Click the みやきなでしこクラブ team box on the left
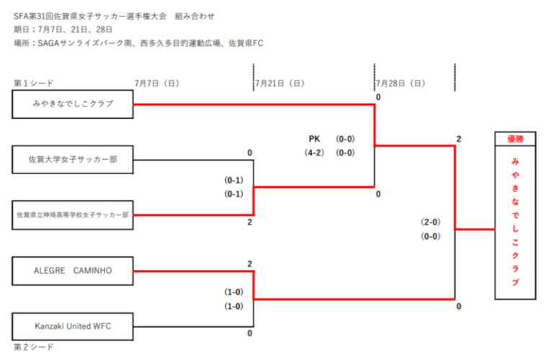coord(73,104)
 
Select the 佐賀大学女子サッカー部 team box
coord(73,159)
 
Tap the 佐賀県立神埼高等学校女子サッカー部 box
coord(73,215)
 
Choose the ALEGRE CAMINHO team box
coord(73,271)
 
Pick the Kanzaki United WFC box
coord(73,326)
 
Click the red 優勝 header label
coord(514,139)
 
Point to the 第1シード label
coord(34,84)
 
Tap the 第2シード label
coord(34,347)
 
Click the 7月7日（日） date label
coord(156,84)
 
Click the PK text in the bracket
coord(314,139)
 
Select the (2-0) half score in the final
coord(431,222)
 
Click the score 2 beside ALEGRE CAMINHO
coord(250,264)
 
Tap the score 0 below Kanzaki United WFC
coord(250,333)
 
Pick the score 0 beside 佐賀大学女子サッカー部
coord(250,153)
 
